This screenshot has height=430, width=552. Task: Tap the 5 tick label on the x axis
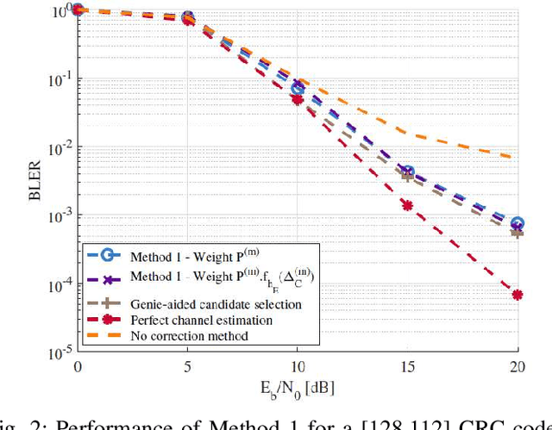tap(187, 366)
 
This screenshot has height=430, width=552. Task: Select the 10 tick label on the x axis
tap(297, 366)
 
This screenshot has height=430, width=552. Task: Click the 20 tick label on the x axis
tap(517, 366)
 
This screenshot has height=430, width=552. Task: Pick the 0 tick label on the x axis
tap(78, 366)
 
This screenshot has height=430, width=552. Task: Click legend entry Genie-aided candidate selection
tap(204, 304)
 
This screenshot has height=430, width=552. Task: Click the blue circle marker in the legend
tap(106, 256)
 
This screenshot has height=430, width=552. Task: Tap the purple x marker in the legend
tap(106, 278)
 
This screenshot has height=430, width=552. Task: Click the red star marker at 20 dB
tap(517, 295)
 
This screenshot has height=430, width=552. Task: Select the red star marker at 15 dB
tap(407, 205)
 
